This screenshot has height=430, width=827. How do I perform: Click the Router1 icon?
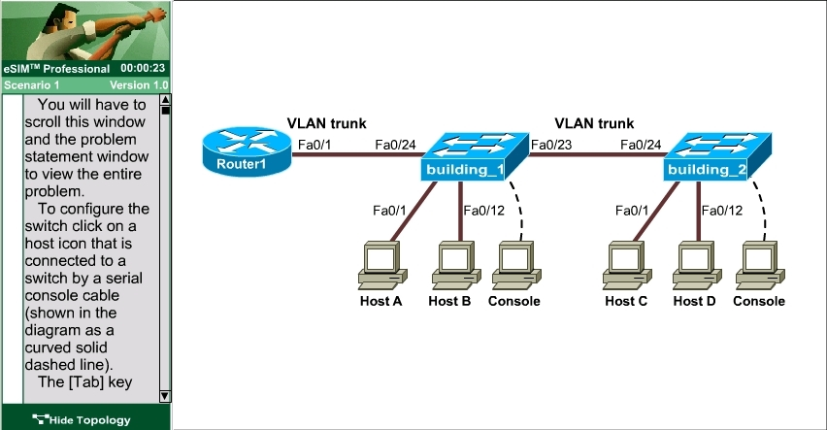click(x=247, y=151)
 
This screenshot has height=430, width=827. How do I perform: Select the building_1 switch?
click(x=475, y=156)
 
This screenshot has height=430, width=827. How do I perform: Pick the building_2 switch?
click(x=717, y=156)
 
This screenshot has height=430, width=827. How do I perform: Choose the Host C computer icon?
click(x=627, y=265)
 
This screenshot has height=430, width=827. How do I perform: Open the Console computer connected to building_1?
click(x=516, y=265)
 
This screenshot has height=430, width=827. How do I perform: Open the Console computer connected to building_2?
click(x=760, y=265)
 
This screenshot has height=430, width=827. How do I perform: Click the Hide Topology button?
click(x=82, y=420)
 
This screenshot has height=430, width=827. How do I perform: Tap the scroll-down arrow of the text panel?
click(x=165, y=396)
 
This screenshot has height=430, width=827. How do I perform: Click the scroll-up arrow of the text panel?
click(x=165, y=100)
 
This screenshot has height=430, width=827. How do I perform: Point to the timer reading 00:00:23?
click(x=143, y=68)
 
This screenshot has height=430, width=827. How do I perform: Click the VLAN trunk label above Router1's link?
click(x=326, y=123)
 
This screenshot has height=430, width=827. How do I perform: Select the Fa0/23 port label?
click(x=551, y=145)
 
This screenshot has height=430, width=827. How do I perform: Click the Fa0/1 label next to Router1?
click(x=314, y=145)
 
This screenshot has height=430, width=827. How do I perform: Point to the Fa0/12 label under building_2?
click(x=722, y=211)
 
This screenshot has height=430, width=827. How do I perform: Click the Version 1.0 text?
click(x=139, y=85)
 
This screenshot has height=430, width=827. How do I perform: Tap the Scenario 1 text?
click(x=32, y=85)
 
